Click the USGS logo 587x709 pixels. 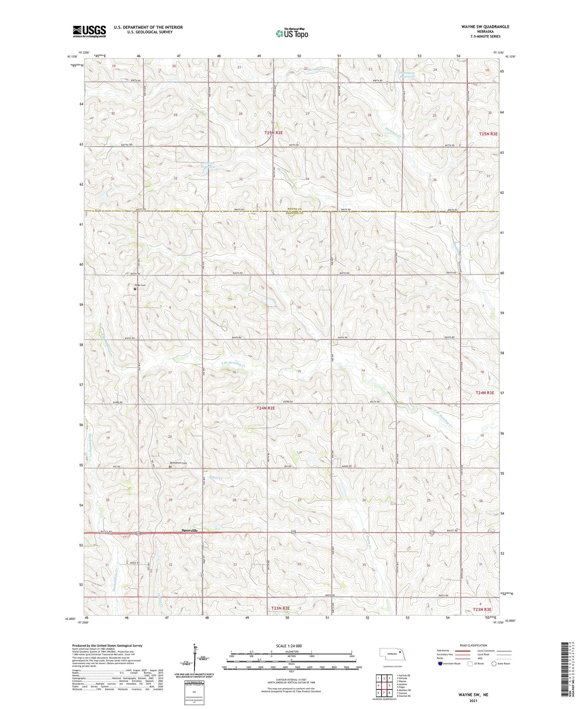point(89,31)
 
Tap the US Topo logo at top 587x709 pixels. point(292,34)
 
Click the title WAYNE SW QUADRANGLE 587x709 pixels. point(485,27)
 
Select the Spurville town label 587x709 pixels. point(190,531)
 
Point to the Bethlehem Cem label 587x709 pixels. point(179,463)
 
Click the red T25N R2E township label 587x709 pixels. point(274,133)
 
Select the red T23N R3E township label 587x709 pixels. point(481,610)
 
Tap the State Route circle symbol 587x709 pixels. point(494,664)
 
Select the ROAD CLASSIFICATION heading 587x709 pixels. point(474,645)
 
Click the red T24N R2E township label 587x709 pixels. point(266,408)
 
